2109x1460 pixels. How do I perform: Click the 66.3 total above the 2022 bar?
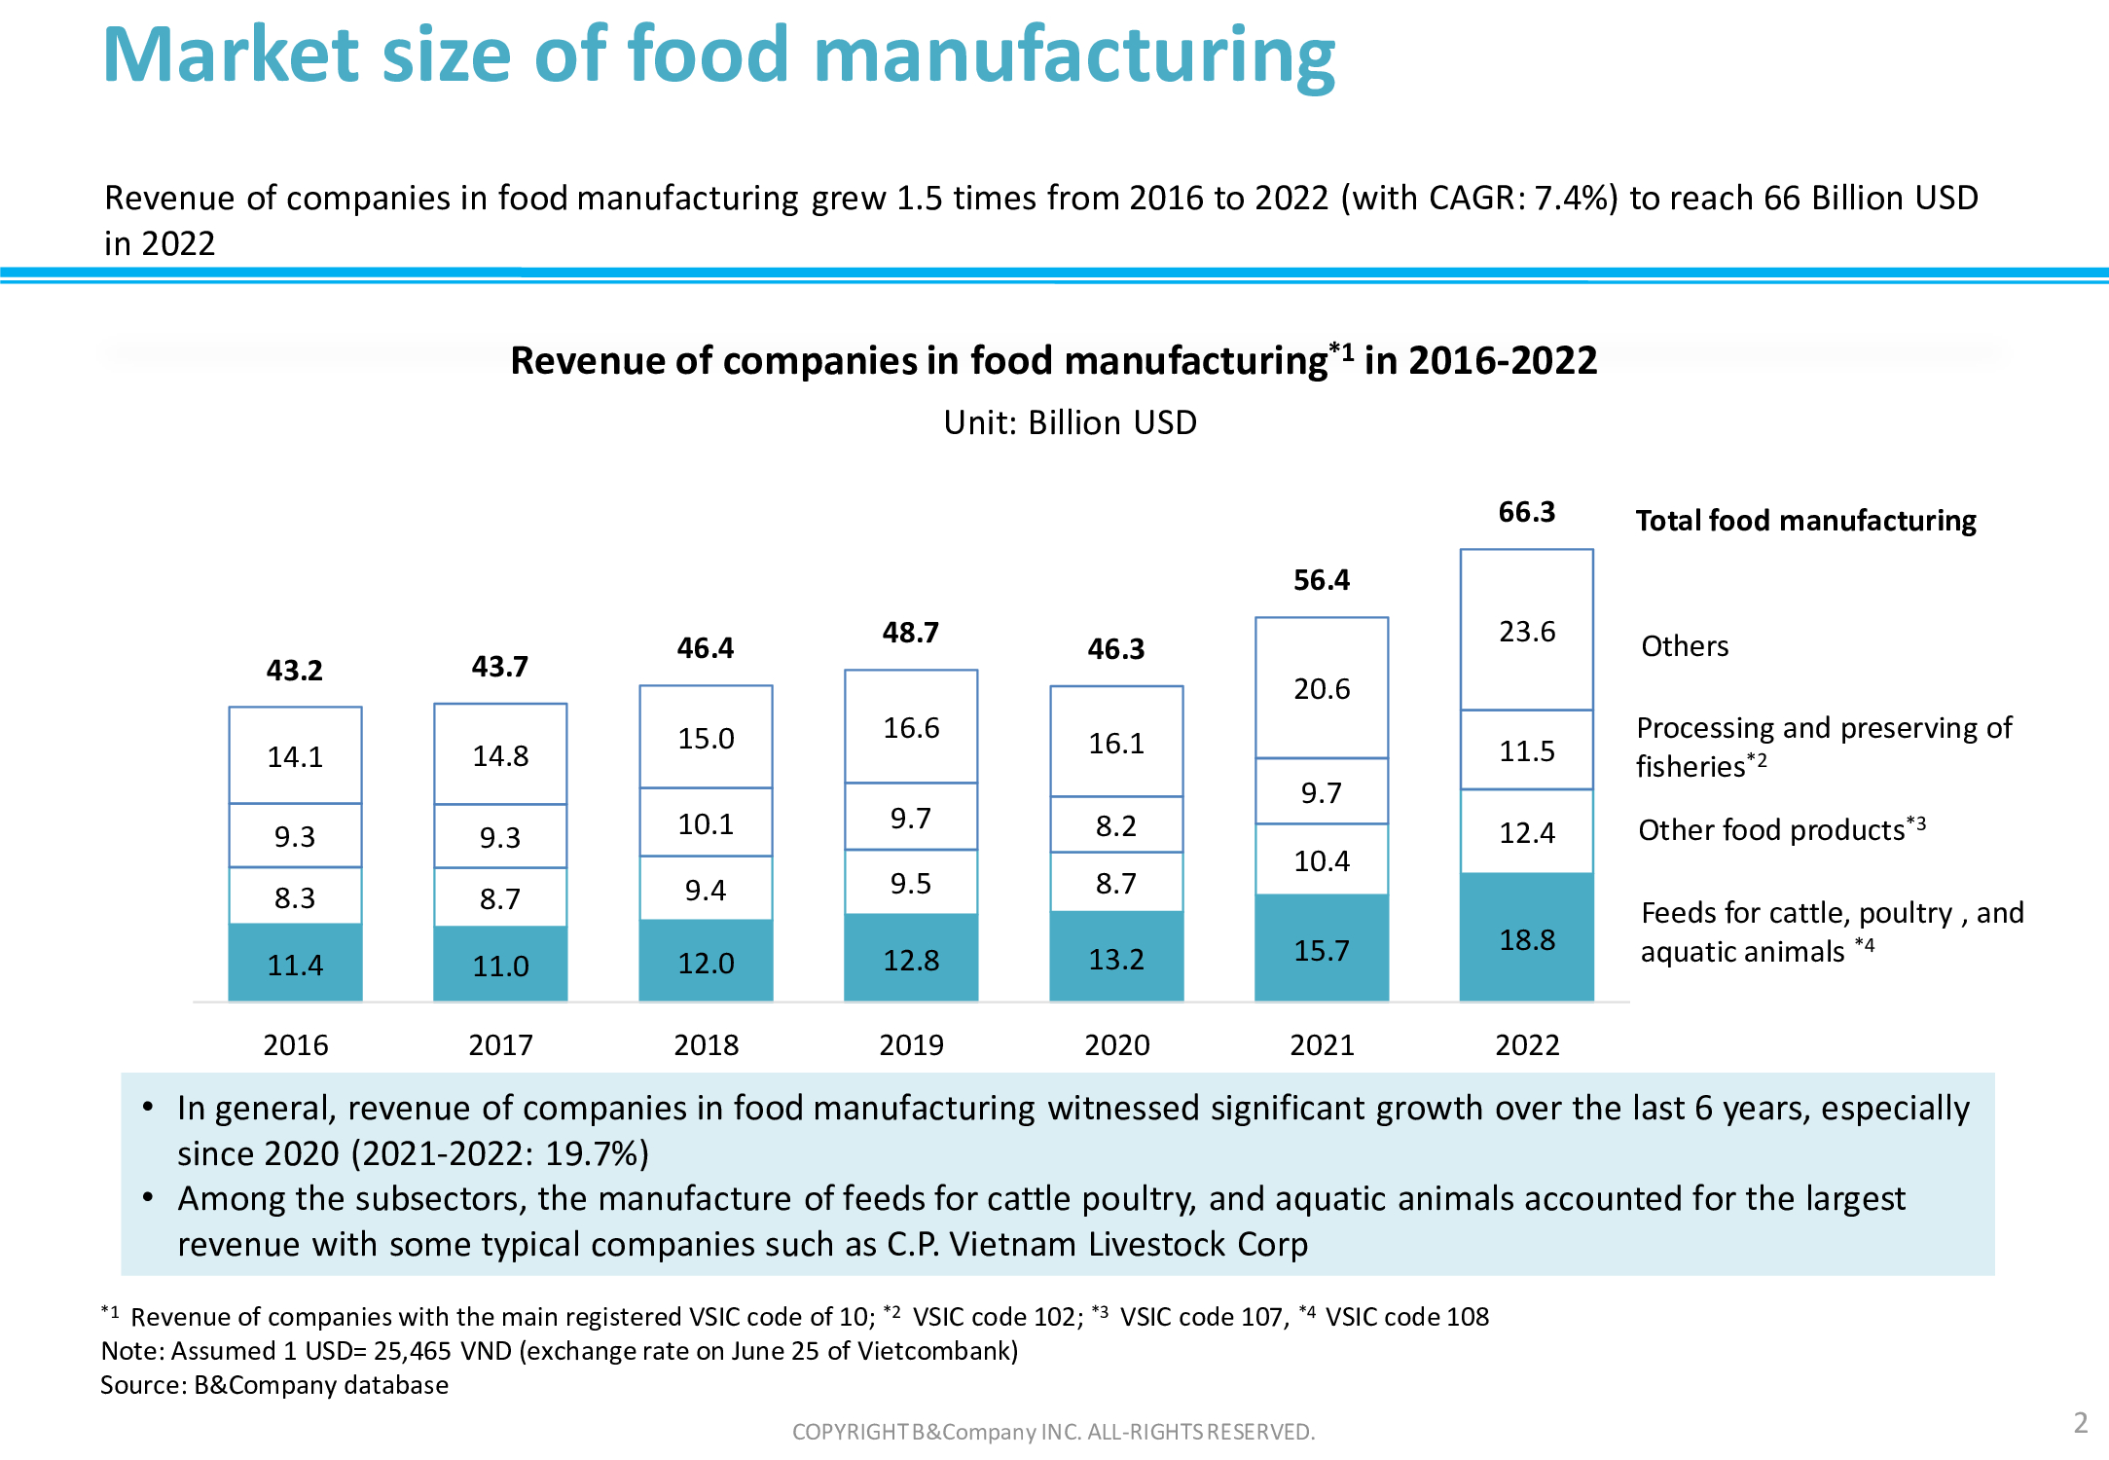[1526, 512]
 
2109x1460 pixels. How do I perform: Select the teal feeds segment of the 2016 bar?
[295, 964]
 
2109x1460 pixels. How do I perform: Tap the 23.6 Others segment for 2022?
[1526, 631]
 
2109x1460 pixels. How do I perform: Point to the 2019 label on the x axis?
[911, 1044]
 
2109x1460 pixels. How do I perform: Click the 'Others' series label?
[1685, 646]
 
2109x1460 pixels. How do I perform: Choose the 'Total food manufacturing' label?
[1805, 521]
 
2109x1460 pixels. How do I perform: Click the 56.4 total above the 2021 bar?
[1321, 580]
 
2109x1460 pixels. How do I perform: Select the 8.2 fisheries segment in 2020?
[1115, 825]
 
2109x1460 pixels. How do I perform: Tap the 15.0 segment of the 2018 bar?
[706, 738]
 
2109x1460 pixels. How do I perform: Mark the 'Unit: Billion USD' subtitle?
[1070, 423]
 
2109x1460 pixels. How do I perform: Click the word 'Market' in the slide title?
[231, 55]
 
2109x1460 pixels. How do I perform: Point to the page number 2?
[2080, 1423]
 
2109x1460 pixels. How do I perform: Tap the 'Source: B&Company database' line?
[274, 1385]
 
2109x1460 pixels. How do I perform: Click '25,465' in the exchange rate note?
[412, 1351]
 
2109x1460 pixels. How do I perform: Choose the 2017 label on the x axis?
[500, 1044]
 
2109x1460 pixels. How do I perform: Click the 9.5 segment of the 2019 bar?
[911, 883]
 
